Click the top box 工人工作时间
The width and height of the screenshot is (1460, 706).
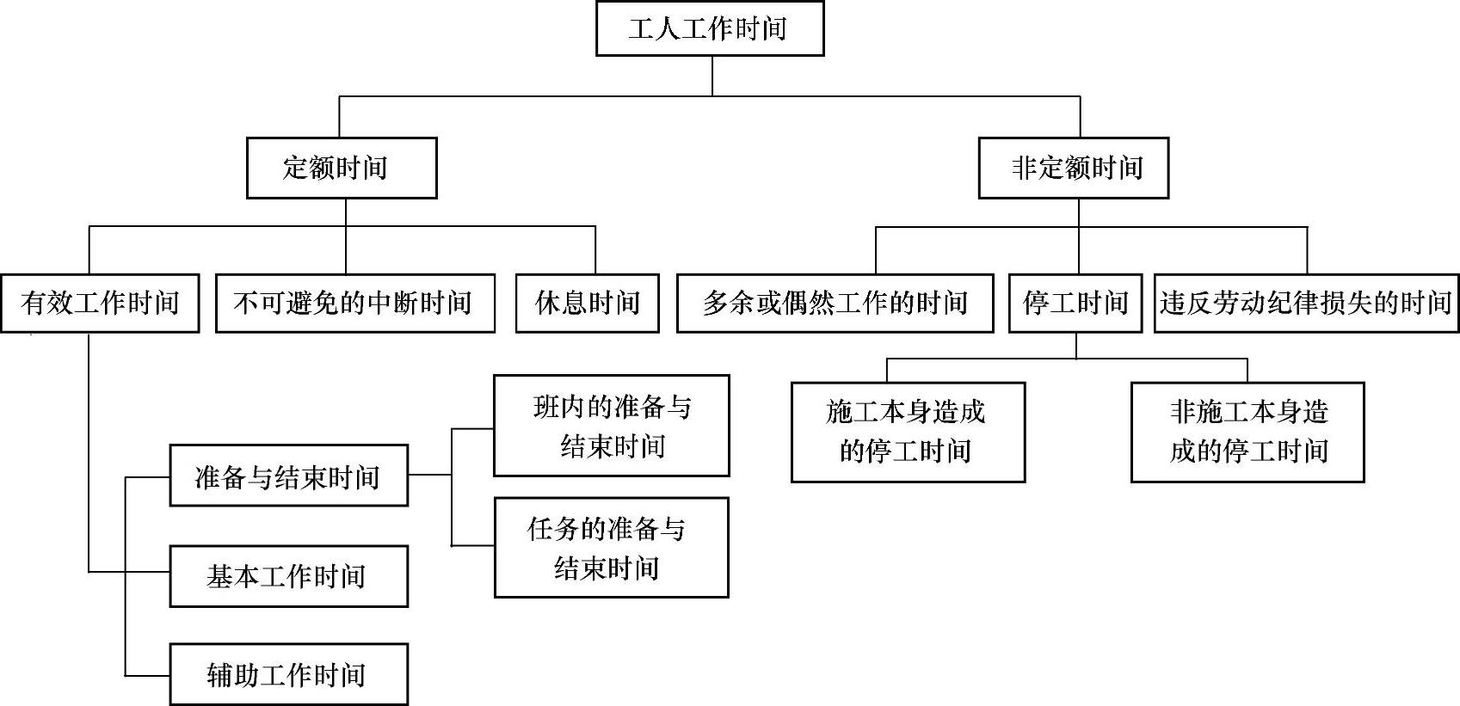tap(710, 29)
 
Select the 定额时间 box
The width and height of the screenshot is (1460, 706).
tap(342, 168)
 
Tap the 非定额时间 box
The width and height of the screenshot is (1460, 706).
tap(1073, 168)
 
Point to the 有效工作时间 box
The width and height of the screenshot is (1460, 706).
tap(100, 303)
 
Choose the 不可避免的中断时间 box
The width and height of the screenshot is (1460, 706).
tap(354, 303)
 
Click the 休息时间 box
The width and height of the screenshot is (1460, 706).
tap(588, 303)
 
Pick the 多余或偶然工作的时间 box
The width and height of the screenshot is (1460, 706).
tap(835, 303)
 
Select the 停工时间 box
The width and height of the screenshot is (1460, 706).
tap(1075, 303)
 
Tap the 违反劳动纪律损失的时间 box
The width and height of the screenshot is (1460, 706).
tap(1306, 303)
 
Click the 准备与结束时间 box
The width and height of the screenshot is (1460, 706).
tap(288, 476)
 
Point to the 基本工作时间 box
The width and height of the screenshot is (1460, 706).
tap(288, 575)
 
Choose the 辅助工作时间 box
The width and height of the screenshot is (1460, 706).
tap(288, 674)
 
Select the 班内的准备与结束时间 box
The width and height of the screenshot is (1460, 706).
tap(612, 426)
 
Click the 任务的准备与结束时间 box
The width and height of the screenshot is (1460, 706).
tap(612, 548)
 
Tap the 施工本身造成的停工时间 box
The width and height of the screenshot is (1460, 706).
tap(908, 432)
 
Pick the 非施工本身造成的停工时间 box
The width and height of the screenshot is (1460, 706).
tap(1247, 432)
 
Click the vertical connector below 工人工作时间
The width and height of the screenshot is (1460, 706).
tap(712, 76)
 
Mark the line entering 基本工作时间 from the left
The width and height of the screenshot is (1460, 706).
tap(148, 572)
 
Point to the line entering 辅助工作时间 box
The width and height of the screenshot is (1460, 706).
tap(148, 676)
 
